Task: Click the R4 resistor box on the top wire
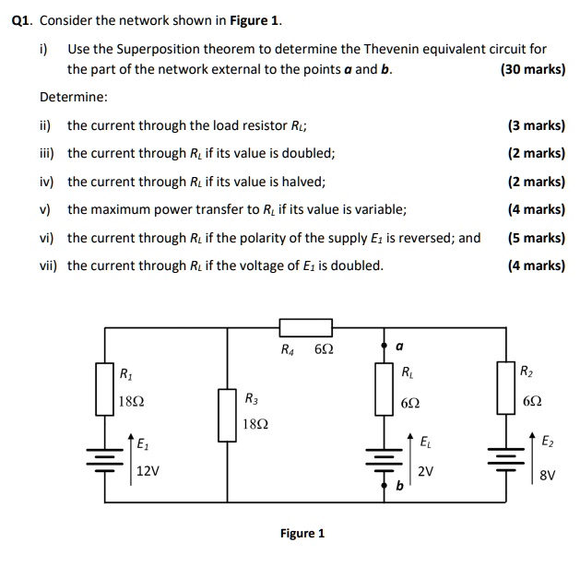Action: [305, 326]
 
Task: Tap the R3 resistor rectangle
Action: [228, 414]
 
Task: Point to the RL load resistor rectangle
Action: [383, 388]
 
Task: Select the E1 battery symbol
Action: [105, 457]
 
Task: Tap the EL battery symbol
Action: [383, 458]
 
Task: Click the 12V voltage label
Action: [148, 470]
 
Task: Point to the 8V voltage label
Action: [548, 477]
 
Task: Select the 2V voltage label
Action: [425, 471]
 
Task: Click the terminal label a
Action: [398, 348]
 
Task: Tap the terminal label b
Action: [398, 486]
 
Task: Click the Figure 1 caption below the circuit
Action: [302, 534]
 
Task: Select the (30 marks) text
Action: [532, 69]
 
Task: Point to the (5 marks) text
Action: [536, 238]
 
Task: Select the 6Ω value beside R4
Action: [324, 350]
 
